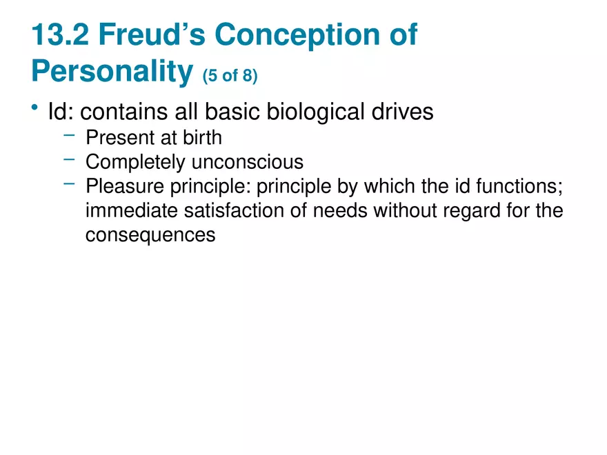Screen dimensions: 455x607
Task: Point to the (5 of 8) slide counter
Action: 230,74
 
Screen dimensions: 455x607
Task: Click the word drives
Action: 404,111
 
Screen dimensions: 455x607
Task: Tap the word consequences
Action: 150,234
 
